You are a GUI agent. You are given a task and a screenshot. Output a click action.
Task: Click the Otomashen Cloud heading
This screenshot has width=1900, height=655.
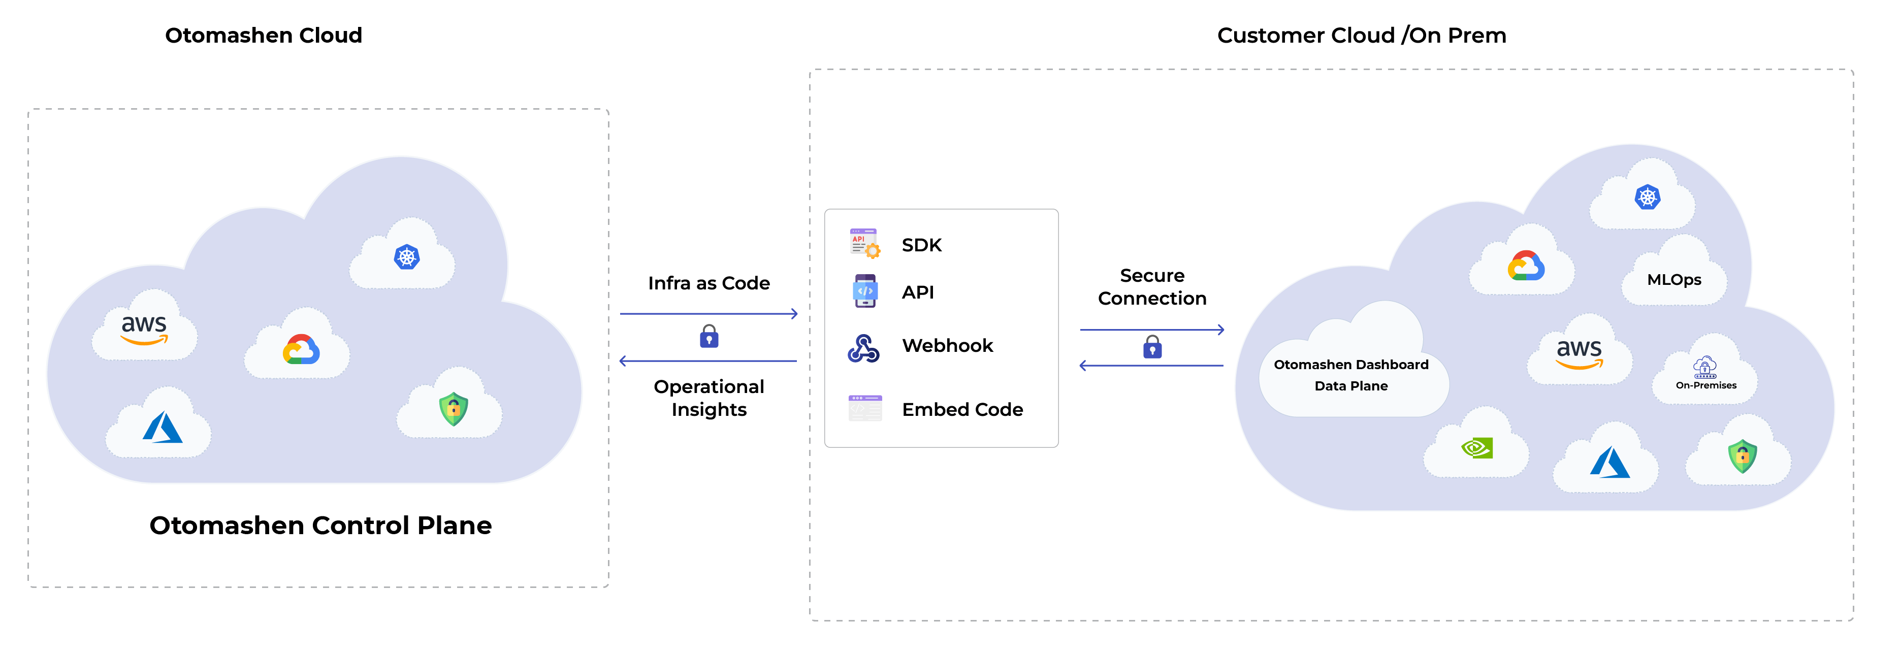(x=263, y=36)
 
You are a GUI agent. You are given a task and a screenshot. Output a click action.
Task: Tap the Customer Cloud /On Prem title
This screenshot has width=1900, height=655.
(x=1361, y=36)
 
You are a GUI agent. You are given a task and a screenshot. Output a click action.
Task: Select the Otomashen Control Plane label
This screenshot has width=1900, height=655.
(x=320, y=525)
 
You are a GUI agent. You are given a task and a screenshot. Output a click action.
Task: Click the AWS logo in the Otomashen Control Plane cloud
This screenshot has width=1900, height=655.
(x=145, y=330)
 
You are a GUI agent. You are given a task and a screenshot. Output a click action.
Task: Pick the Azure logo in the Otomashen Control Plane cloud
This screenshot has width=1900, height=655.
(x=162, y=428)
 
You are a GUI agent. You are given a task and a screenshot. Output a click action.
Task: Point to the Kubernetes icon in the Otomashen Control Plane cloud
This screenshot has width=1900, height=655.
(x=406, y=257)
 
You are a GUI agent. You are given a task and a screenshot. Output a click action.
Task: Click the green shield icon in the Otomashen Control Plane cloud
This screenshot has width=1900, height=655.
(x=453, y=409)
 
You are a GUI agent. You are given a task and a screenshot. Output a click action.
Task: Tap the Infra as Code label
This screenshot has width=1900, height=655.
(x=709, y=283)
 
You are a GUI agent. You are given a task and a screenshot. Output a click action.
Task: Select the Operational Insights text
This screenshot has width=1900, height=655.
(x=709, y=398)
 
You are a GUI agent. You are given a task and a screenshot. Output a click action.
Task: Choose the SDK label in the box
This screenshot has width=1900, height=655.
(x=921, y=245)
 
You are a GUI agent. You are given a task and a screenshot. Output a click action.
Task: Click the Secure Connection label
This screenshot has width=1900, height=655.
(x=1152, y=287)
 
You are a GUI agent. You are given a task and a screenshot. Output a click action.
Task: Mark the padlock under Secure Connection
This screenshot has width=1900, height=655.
(x=1152, y=347)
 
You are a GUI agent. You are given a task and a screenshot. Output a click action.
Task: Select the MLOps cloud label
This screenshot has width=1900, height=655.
(x=1673, y=280)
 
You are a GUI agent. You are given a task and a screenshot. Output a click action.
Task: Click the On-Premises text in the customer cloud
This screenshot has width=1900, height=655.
(x=1705, y=385)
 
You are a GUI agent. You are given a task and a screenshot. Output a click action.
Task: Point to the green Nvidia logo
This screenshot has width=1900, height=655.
(x=1476, y=448)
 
